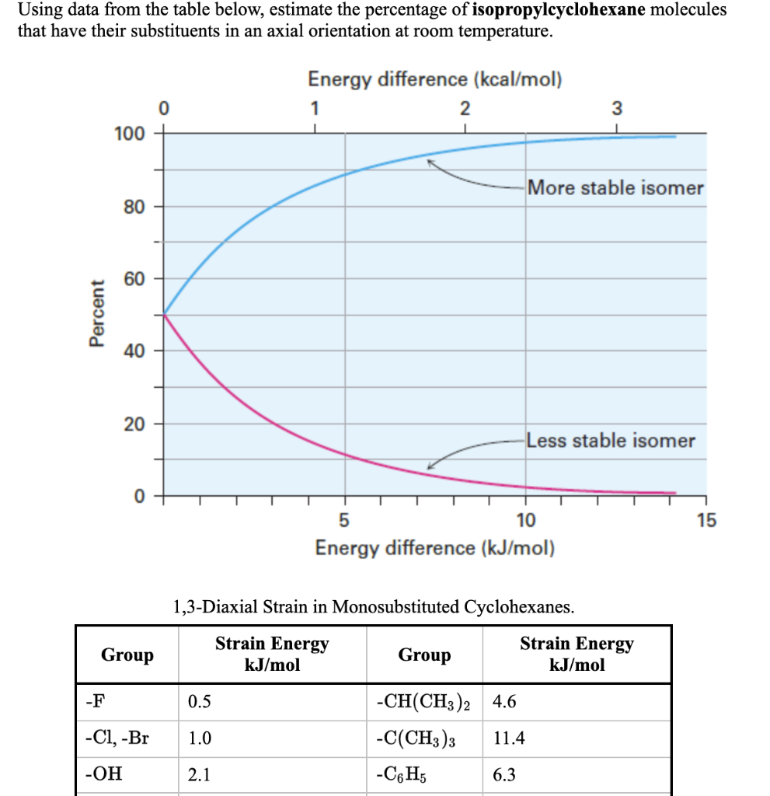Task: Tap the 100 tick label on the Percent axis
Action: tap(129, 133)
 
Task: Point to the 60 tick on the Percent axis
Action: tap(133, 278)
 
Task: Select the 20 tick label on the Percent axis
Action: tap(133, 424)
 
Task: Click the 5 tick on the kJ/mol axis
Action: tap(346, 518)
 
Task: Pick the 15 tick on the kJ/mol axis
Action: tap(706, 518)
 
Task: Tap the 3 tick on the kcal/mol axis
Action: tap(617, 108)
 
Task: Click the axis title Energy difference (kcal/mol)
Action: tap(435, 79)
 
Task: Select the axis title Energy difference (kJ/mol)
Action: tap(435, 548)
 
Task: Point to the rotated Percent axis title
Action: tap(96, 313)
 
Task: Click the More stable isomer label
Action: tap(615, 188)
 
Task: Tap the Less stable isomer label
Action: tap(611, 441)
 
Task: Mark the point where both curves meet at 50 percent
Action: tap(163, 314)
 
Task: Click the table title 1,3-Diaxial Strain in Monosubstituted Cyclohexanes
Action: tap(374, 607)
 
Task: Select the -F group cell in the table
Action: tap(92, 702)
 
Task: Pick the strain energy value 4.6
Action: tap(505, 702)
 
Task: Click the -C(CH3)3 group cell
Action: tap(416, 738)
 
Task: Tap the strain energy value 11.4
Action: tap(509, 738)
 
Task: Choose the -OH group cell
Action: tap(103, 774)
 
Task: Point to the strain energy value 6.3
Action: tap(505, 774)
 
